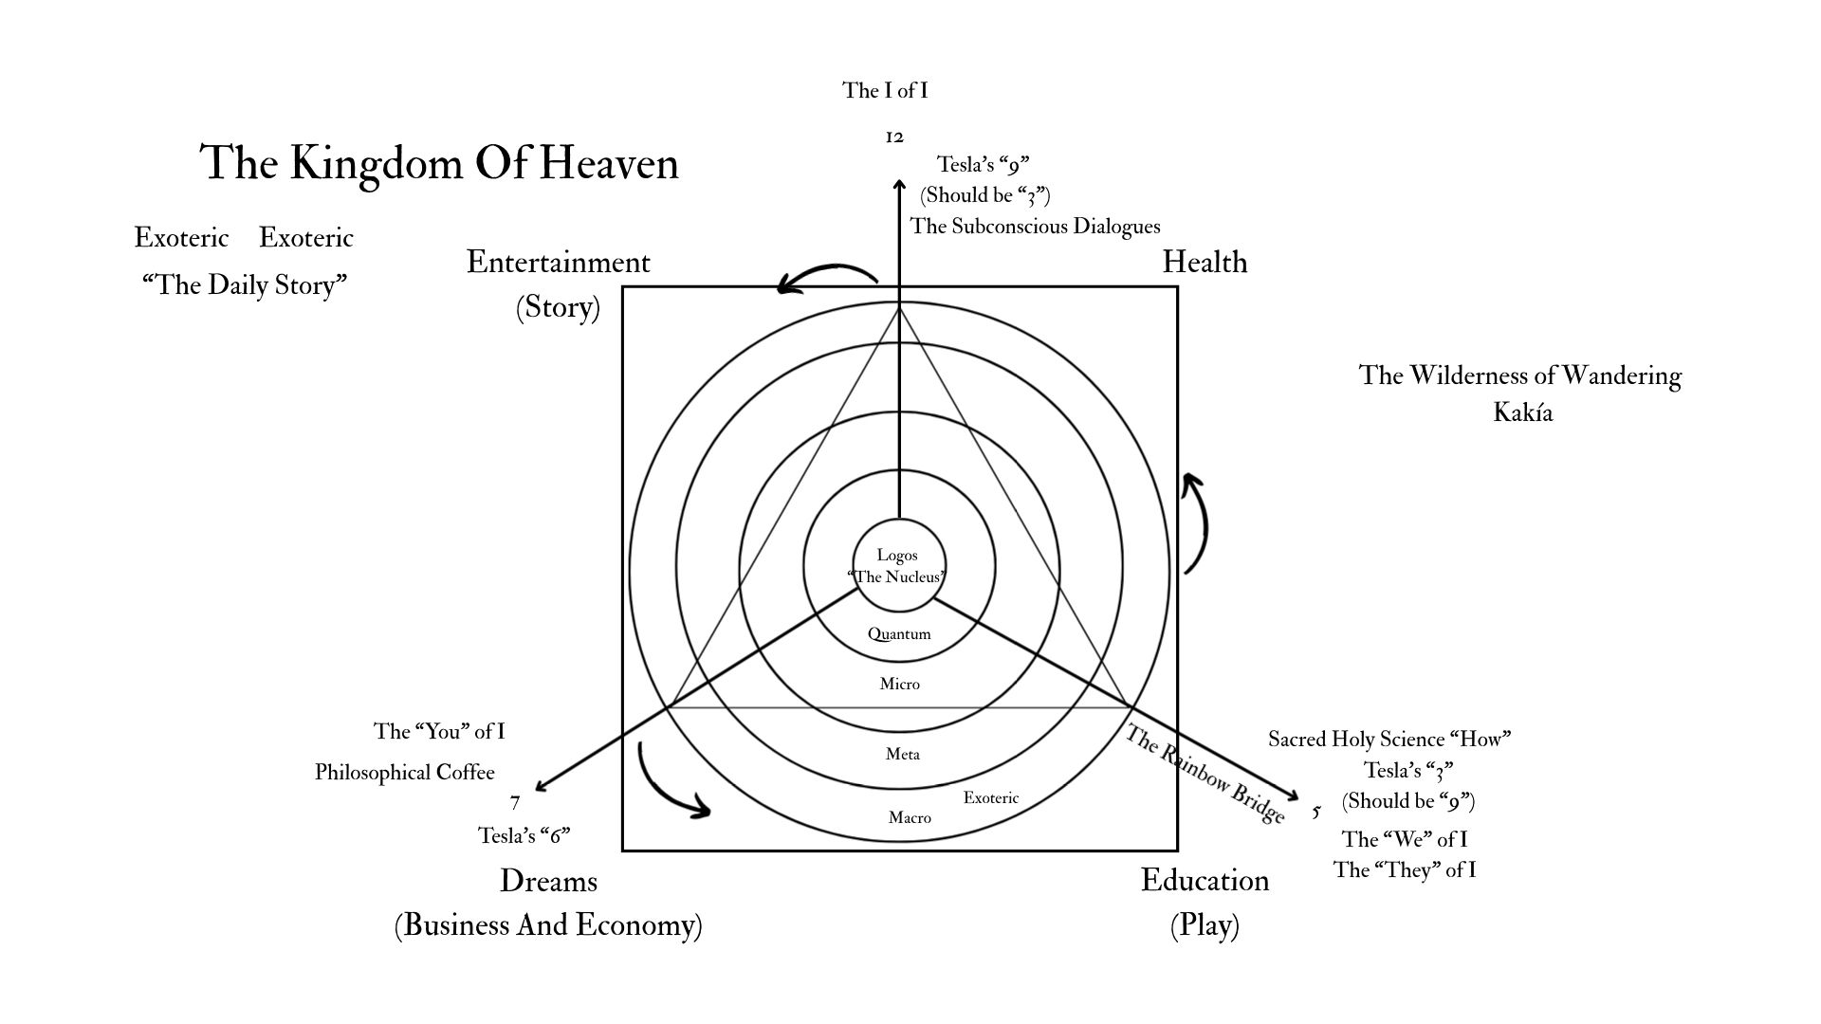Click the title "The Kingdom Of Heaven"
click(x=439, y=163)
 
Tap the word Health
click(x=1205, y=262)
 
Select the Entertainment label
click(x=559, y=262)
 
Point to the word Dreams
click(x=548, y=881)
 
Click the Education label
click(x=1205, y=881)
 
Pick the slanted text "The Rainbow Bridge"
click(x=1205, y=774)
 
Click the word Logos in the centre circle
click(x=897, y=556)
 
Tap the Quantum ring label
click(x=899, y=634)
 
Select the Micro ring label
click(x=900, y=684)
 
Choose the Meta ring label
click(x=903, y=755)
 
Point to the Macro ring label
click(x=910, y=817)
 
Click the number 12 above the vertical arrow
click(x=894, y=137)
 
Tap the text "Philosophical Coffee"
click(x=405, y=773)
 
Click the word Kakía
click(x=1523, y=412)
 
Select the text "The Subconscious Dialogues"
click(x=1036, y=226)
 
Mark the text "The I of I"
click(x=885, y=90)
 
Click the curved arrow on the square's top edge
click(x=826, y=276)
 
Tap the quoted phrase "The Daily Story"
click(x=245, y=285)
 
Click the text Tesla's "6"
click(x=524, y=835)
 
